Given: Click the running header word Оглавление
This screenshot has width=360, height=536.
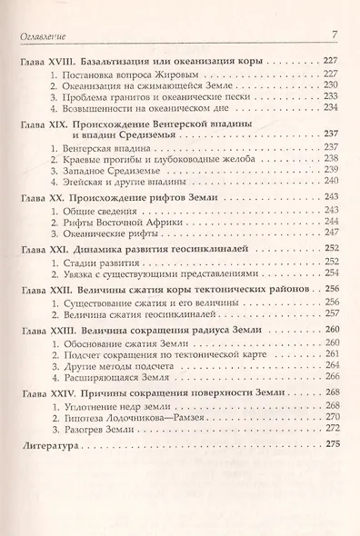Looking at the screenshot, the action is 45,35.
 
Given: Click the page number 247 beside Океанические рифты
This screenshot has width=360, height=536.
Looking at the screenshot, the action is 330,233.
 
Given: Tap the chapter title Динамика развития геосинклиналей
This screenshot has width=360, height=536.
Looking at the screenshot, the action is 155,248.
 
